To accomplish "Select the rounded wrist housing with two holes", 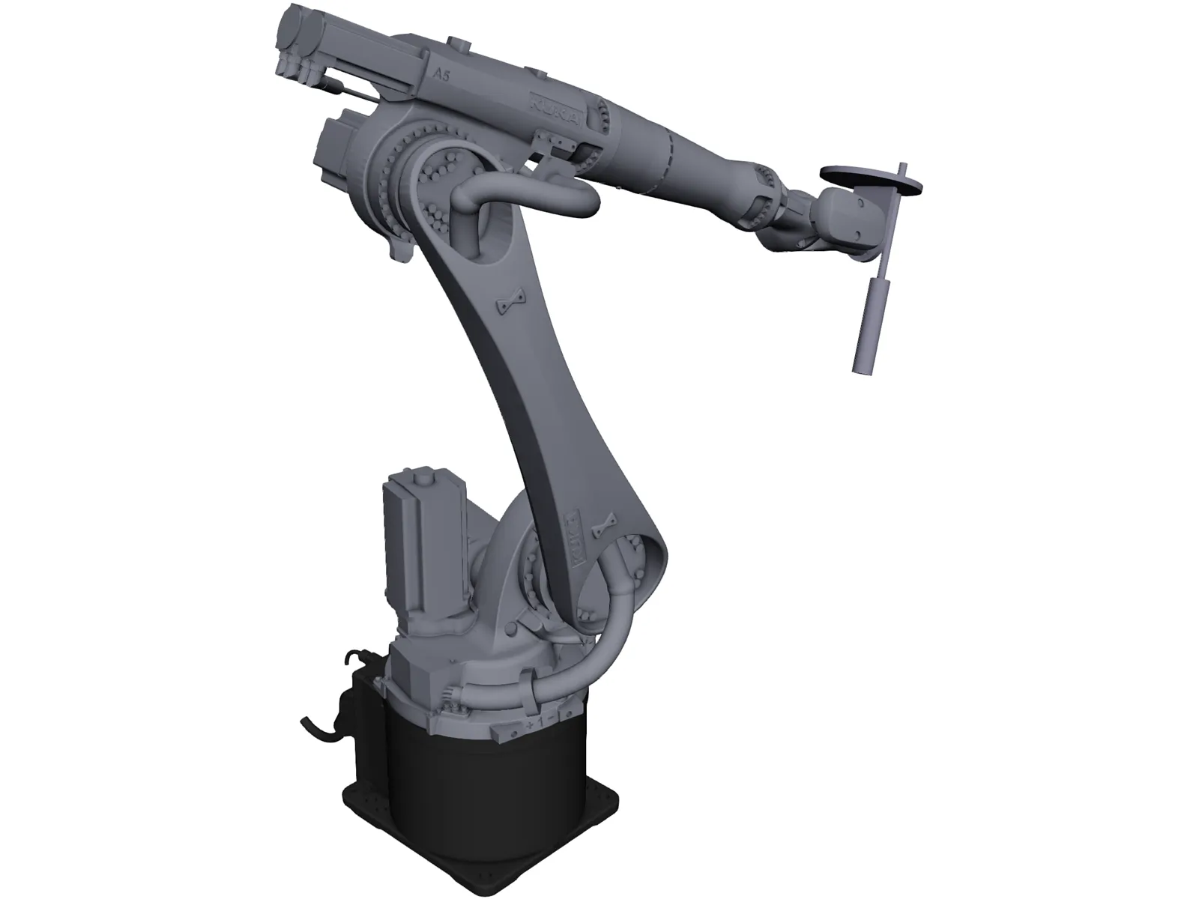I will click(x=851, y=217).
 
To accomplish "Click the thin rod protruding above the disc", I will click(x=902, y=169).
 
